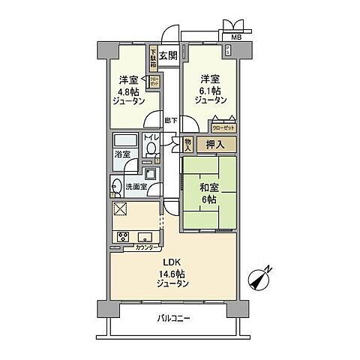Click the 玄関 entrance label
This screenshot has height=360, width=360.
point(168,55)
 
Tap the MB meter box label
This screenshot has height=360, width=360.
point(235,35)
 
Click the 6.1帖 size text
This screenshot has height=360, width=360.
point(210,88)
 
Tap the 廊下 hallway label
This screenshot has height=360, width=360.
point(170,120)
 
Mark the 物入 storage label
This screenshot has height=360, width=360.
point(188,145)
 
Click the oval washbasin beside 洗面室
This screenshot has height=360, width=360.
point(117,187)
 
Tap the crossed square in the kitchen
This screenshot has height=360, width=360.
point(121,209)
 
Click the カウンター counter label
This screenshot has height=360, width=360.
point(146,247)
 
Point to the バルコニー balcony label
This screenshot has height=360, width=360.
point(175,318)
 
